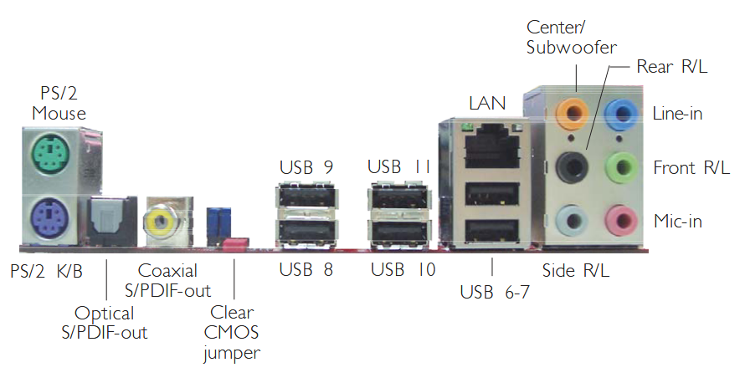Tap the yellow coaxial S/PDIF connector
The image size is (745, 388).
point(158,222)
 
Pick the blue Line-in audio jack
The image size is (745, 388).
point(620,112)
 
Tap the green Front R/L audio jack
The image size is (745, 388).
point(620,167)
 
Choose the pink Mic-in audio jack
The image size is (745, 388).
point(620,221)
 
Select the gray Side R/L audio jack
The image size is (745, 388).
point(573,221)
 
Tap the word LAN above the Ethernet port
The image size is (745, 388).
point(488,103)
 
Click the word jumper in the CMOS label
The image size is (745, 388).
point(232,354)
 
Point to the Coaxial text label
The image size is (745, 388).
point(167,271)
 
